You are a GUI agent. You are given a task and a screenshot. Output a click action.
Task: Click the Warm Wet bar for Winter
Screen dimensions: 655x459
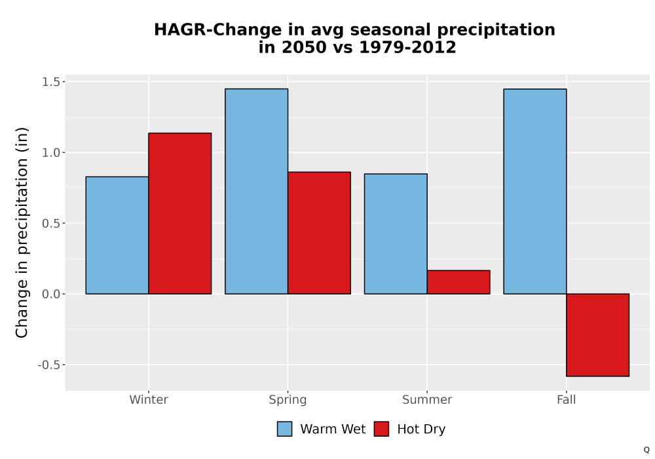117,235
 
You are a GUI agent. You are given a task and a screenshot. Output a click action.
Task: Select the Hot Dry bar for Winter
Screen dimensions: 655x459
180,214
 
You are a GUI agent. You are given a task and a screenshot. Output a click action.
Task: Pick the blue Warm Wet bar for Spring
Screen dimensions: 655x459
257,191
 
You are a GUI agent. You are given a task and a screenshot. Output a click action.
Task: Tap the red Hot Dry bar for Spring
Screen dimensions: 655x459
319,233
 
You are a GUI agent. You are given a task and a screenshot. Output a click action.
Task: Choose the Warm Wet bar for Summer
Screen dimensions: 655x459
396,234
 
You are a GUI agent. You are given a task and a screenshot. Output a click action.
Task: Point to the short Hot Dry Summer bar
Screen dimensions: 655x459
458,282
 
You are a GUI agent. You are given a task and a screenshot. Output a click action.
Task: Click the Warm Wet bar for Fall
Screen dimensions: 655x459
535,191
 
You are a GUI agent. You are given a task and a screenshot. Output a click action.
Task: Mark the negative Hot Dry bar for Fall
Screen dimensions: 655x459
598,335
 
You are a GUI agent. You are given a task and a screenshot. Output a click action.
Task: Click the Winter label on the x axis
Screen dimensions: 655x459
149,399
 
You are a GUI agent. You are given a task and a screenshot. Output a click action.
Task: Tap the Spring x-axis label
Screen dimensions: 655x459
288,400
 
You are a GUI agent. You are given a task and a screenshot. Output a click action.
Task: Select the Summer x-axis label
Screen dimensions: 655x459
427,399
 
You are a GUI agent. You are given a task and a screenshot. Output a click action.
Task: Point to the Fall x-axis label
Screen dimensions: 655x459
567,399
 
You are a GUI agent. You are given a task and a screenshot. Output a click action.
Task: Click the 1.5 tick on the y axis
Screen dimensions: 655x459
51,82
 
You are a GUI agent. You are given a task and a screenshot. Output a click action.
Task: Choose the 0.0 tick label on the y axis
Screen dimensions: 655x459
51,294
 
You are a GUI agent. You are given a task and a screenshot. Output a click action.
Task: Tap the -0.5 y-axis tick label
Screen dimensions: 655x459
49,365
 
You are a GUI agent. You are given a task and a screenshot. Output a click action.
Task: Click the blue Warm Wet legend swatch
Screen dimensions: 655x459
284,429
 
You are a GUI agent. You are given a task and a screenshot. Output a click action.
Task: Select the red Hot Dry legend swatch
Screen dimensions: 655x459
381,429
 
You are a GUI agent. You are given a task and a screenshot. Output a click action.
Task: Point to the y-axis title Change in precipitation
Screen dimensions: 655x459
22,232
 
